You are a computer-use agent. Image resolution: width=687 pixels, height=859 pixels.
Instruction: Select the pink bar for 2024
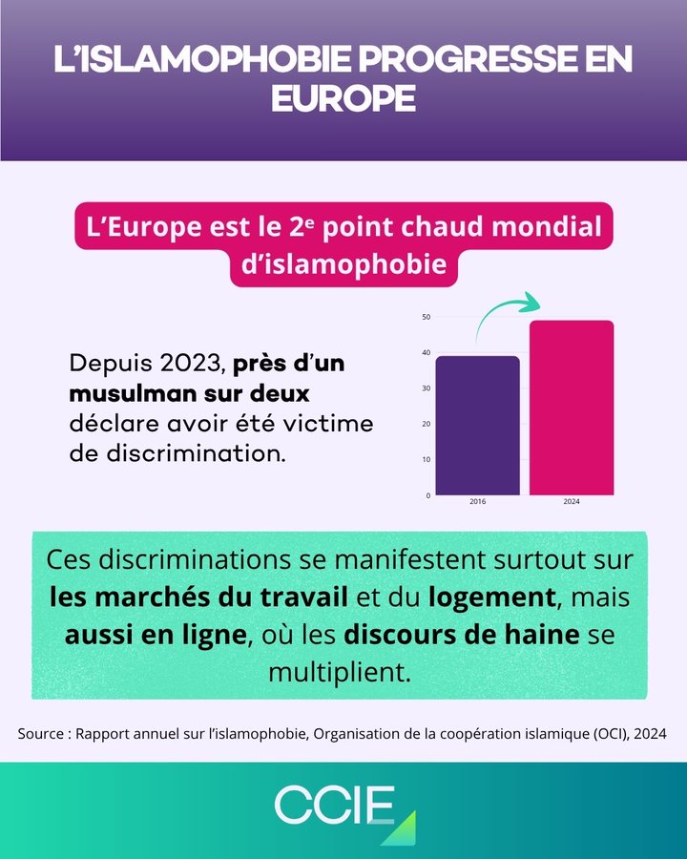coord(572,408)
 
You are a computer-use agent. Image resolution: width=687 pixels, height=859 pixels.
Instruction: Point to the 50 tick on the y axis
coord(426,317)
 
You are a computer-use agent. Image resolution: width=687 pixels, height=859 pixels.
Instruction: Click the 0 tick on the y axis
coord(427,495)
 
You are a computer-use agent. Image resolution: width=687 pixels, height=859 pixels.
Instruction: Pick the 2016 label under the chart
coord(477,502)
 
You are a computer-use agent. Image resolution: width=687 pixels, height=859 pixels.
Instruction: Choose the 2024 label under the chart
coord(572,502)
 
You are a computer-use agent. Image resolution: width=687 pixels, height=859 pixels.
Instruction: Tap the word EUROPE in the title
coord(343,98)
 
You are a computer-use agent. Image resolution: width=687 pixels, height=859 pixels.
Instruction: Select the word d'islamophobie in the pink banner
coord(343,264)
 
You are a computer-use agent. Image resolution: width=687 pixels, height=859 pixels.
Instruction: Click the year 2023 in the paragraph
coord(191,365)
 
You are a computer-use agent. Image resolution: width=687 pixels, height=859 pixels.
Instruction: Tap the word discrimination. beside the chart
coord(178,452)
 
